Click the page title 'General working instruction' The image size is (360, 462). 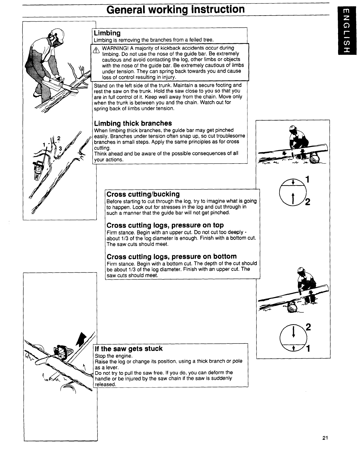pos(175,9)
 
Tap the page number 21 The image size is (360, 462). pos(325,438)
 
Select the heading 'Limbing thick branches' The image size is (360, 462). pos(133,123)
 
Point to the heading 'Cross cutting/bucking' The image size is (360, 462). pos(143,194)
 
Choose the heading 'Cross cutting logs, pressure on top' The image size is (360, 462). pos(165,225)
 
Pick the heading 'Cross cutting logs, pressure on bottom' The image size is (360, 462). pos(171,256)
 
